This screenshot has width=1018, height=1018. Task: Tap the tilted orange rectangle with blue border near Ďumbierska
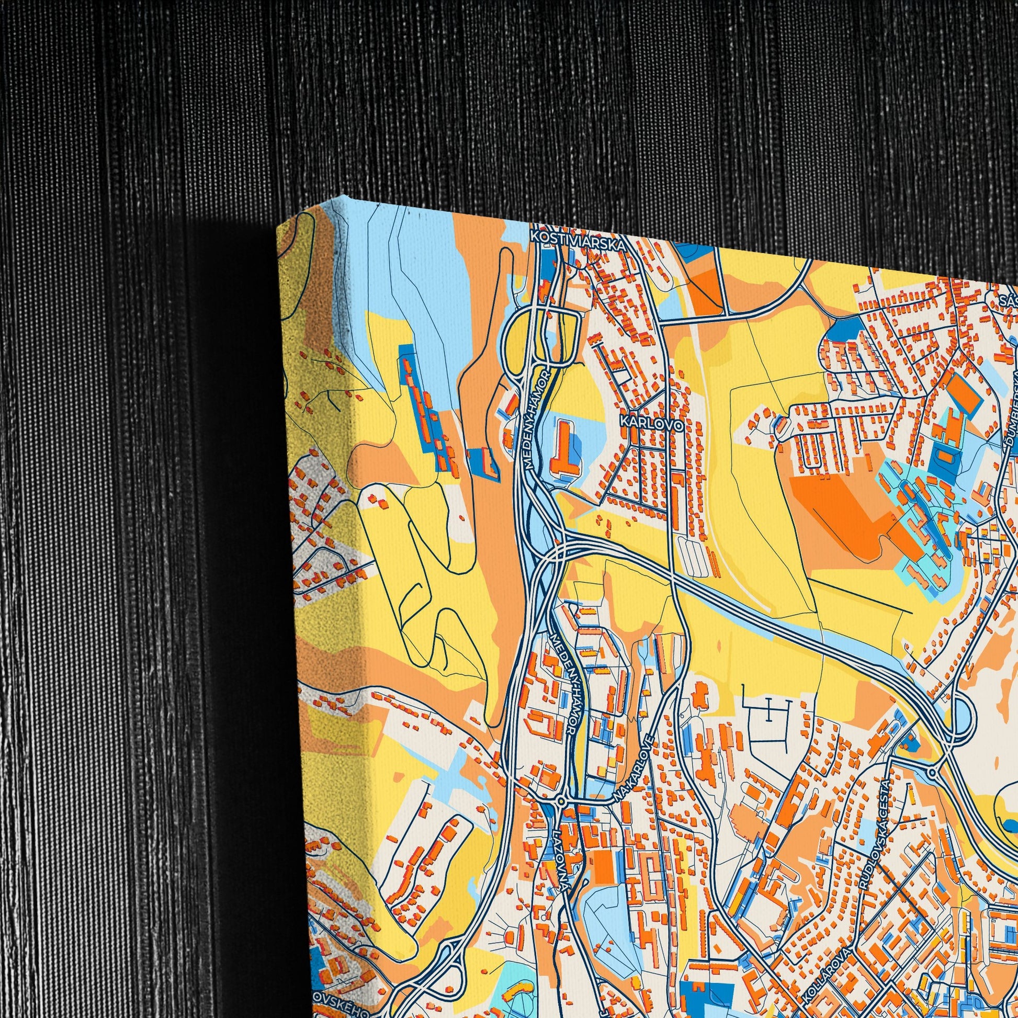tap(964, 393)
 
